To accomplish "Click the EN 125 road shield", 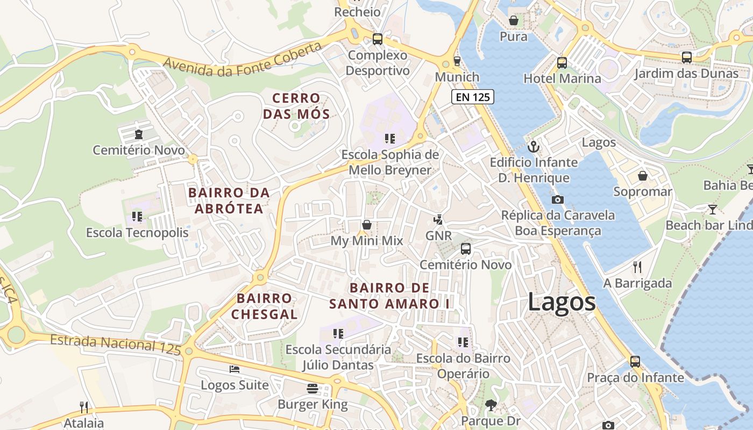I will pyautogui.click(x=472, y=97).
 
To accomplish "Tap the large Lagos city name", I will pyautogui.click(x=562, y=302).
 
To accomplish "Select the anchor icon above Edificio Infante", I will pyautogui.click(x=534, y=146).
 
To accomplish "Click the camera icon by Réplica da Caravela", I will pyautogui.click(x=558, y=199).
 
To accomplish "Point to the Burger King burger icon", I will pyautogui.click(x=312, y=388).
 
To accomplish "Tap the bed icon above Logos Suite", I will pyautogui.click(x=235, y=369).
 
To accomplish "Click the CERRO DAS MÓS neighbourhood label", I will pyautogui.click(x=296, y=106).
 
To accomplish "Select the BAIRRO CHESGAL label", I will pyautogui.click(x=265, y=306).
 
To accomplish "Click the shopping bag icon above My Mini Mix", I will pyautogui.click(x=367, y=225).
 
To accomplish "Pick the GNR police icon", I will pyautogui.click(x=439, y=219).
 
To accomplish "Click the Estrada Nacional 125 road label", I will pyautogui.click(x=116, y=344).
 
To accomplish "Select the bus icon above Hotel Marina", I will pyautogui.click(x=562, y=63).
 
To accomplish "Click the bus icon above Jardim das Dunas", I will pyautogui.click(x=686, y=58).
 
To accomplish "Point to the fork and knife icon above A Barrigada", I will pyautogui.click(x=637, y=267).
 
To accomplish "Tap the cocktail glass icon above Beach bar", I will pyautogui.click(x=713, y=209).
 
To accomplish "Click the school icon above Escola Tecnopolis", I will pyautogui.click(x=137, y=217).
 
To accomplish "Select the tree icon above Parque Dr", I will pyautogui.click(x=491, y=405).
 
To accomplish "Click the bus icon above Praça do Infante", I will pyautogui.click(x=635, y=362).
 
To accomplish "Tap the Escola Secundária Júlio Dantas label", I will pyautogui.click(x=338, y=357).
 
